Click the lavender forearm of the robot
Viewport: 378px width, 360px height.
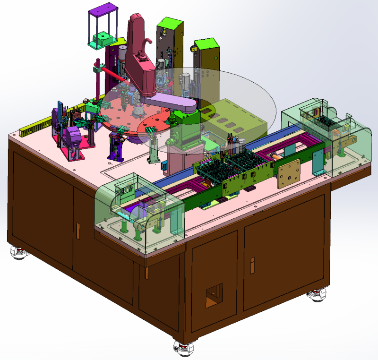[x=170, y=102]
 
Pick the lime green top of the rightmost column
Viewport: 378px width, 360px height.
[x=206, y=44]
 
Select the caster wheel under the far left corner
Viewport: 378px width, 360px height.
[x=19, y=253]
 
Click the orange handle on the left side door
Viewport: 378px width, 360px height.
[x=78, y=230]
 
